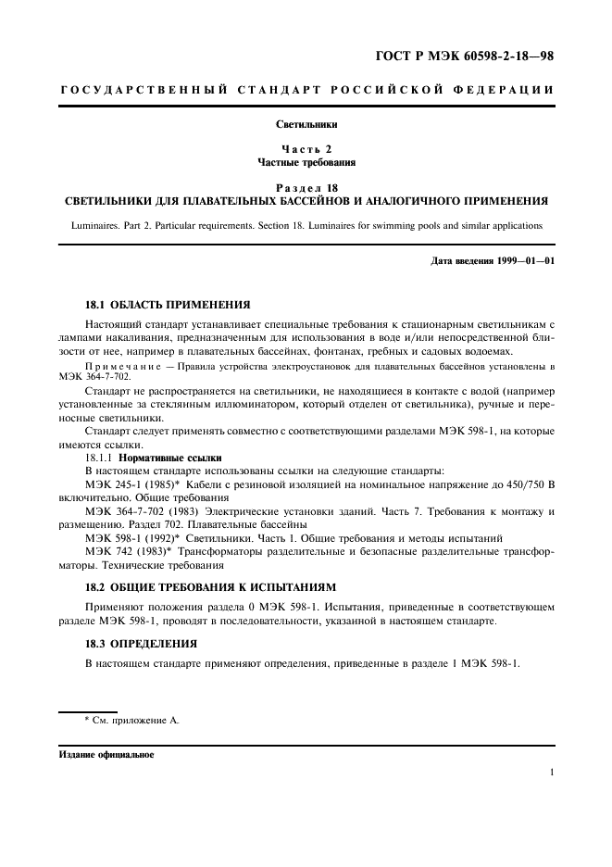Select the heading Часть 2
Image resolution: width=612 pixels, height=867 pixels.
point(306,149)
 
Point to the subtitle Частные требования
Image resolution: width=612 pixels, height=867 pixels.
point(306,161)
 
